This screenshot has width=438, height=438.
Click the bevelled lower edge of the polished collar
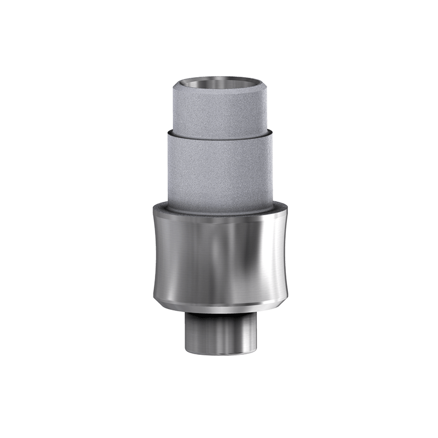click(x=219, y=300)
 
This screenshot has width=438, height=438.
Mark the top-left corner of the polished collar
click(x=152, y=207)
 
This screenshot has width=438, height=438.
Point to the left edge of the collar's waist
click(x=155, y=252)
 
